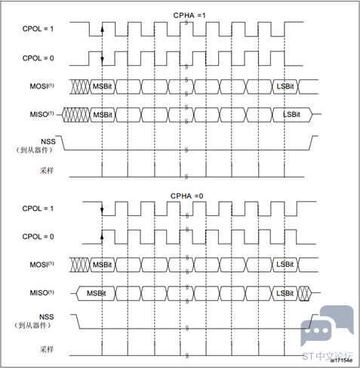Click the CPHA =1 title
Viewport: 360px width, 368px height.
click(x=189, y=15)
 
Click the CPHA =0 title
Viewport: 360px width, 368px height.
click(x=187, y=196)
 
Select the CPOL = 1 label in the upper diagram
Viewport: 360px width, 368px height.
click(x=38, y=29)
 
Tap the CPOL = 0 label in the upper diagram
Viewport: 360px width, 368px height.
click(x=38, y=58)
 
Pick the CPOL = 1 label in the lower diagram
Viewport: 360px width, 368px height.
click(x=38, y=209)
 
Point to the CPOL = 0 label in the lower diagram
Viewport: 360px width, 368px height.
click(x=38, y=237)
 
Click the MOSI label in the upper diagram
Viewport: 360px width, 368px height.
click(x=42, y=86)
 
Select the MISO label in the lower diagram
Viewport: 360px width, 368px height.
click(x=42, y=292)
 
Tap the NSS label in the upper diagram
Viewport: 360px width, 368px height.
click(x=48, y=141)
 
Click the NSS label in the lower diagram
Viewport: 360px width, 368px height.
click(x=47, y=317)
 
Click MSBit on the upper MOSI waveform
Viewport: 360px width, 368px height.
click(x=102, y=86)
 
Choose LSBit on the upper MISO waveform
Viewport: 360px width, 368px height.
click(x=291, y=114)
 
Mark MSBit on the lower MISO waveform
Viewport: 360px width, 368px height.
click(x=97, y=293)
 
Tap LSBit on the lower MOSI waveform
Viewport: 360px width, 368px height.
click(x=285, y=264)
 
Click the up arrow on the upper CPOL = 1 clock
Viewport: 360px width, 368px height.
click(x=102, y=29)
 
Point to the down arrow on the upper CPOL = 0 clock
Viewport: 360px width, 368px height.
click(x=102, y=58)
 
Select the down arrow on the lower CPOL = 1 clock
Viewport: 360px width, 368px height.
click(x=102, y=209)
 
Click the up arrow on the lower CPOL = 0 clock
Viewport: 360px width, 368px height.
click(x=102, y=237)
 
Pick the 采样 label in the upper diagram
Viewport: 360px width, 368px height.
click(x=47, y=171)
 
